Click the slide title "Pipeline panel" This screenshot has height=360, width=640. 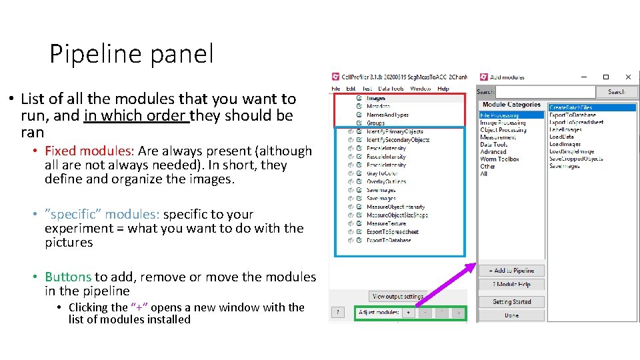click(x=131, y=54)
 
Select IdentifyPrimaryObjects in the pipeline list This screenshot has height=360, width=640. click(x=395, y=131)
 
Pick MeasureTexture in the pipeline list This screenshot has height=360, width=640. click(x=386, y=223)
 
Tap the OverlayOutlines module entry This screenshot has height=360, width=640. click(x=386, y=181)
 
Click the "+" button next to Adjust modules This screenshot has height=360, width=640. click(x=408, y=312)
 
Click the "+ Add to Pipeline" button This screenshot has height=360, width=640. click(x=511, y=271)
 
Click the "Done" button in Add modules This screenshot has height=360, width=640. click(x=511, y=315)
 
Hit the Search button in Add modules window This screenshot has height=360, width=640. click(x=616, y=92)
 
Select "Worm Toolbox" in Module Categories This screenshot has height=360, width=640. click(x=500, y=159)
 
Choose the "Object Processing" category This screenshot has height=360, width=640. click(x=503, y=130)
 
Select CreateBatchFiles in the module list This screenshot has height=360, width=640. click(x=570, y=107)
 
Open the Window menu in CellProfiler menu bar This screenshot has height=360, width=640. click(x=420, y=89)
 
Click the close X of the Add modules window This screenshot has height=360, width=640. click(x=627, y=77)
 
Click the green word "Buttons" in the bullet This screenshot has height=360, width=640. click(x=68, y=277)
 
